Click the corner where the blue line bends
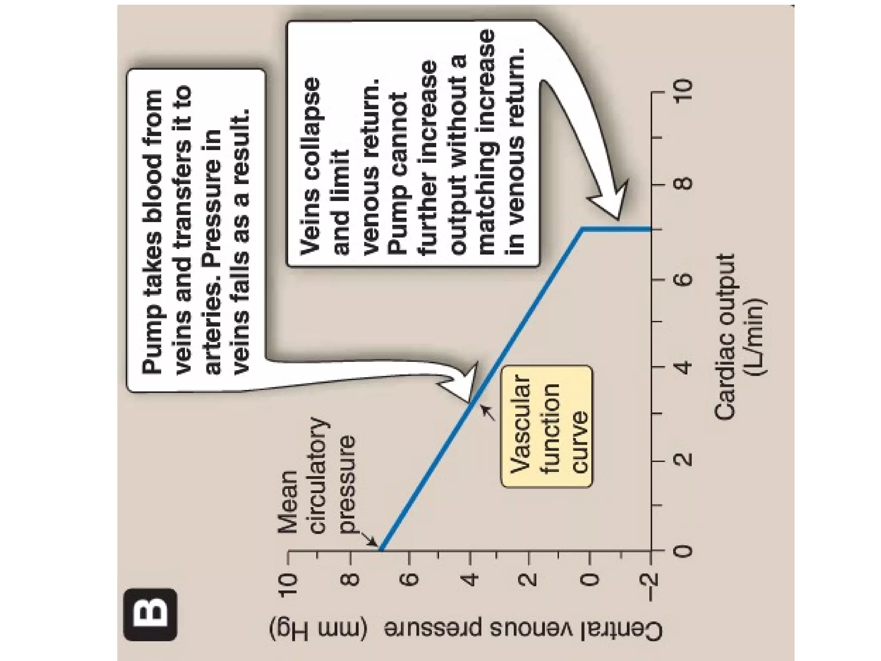582,229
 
